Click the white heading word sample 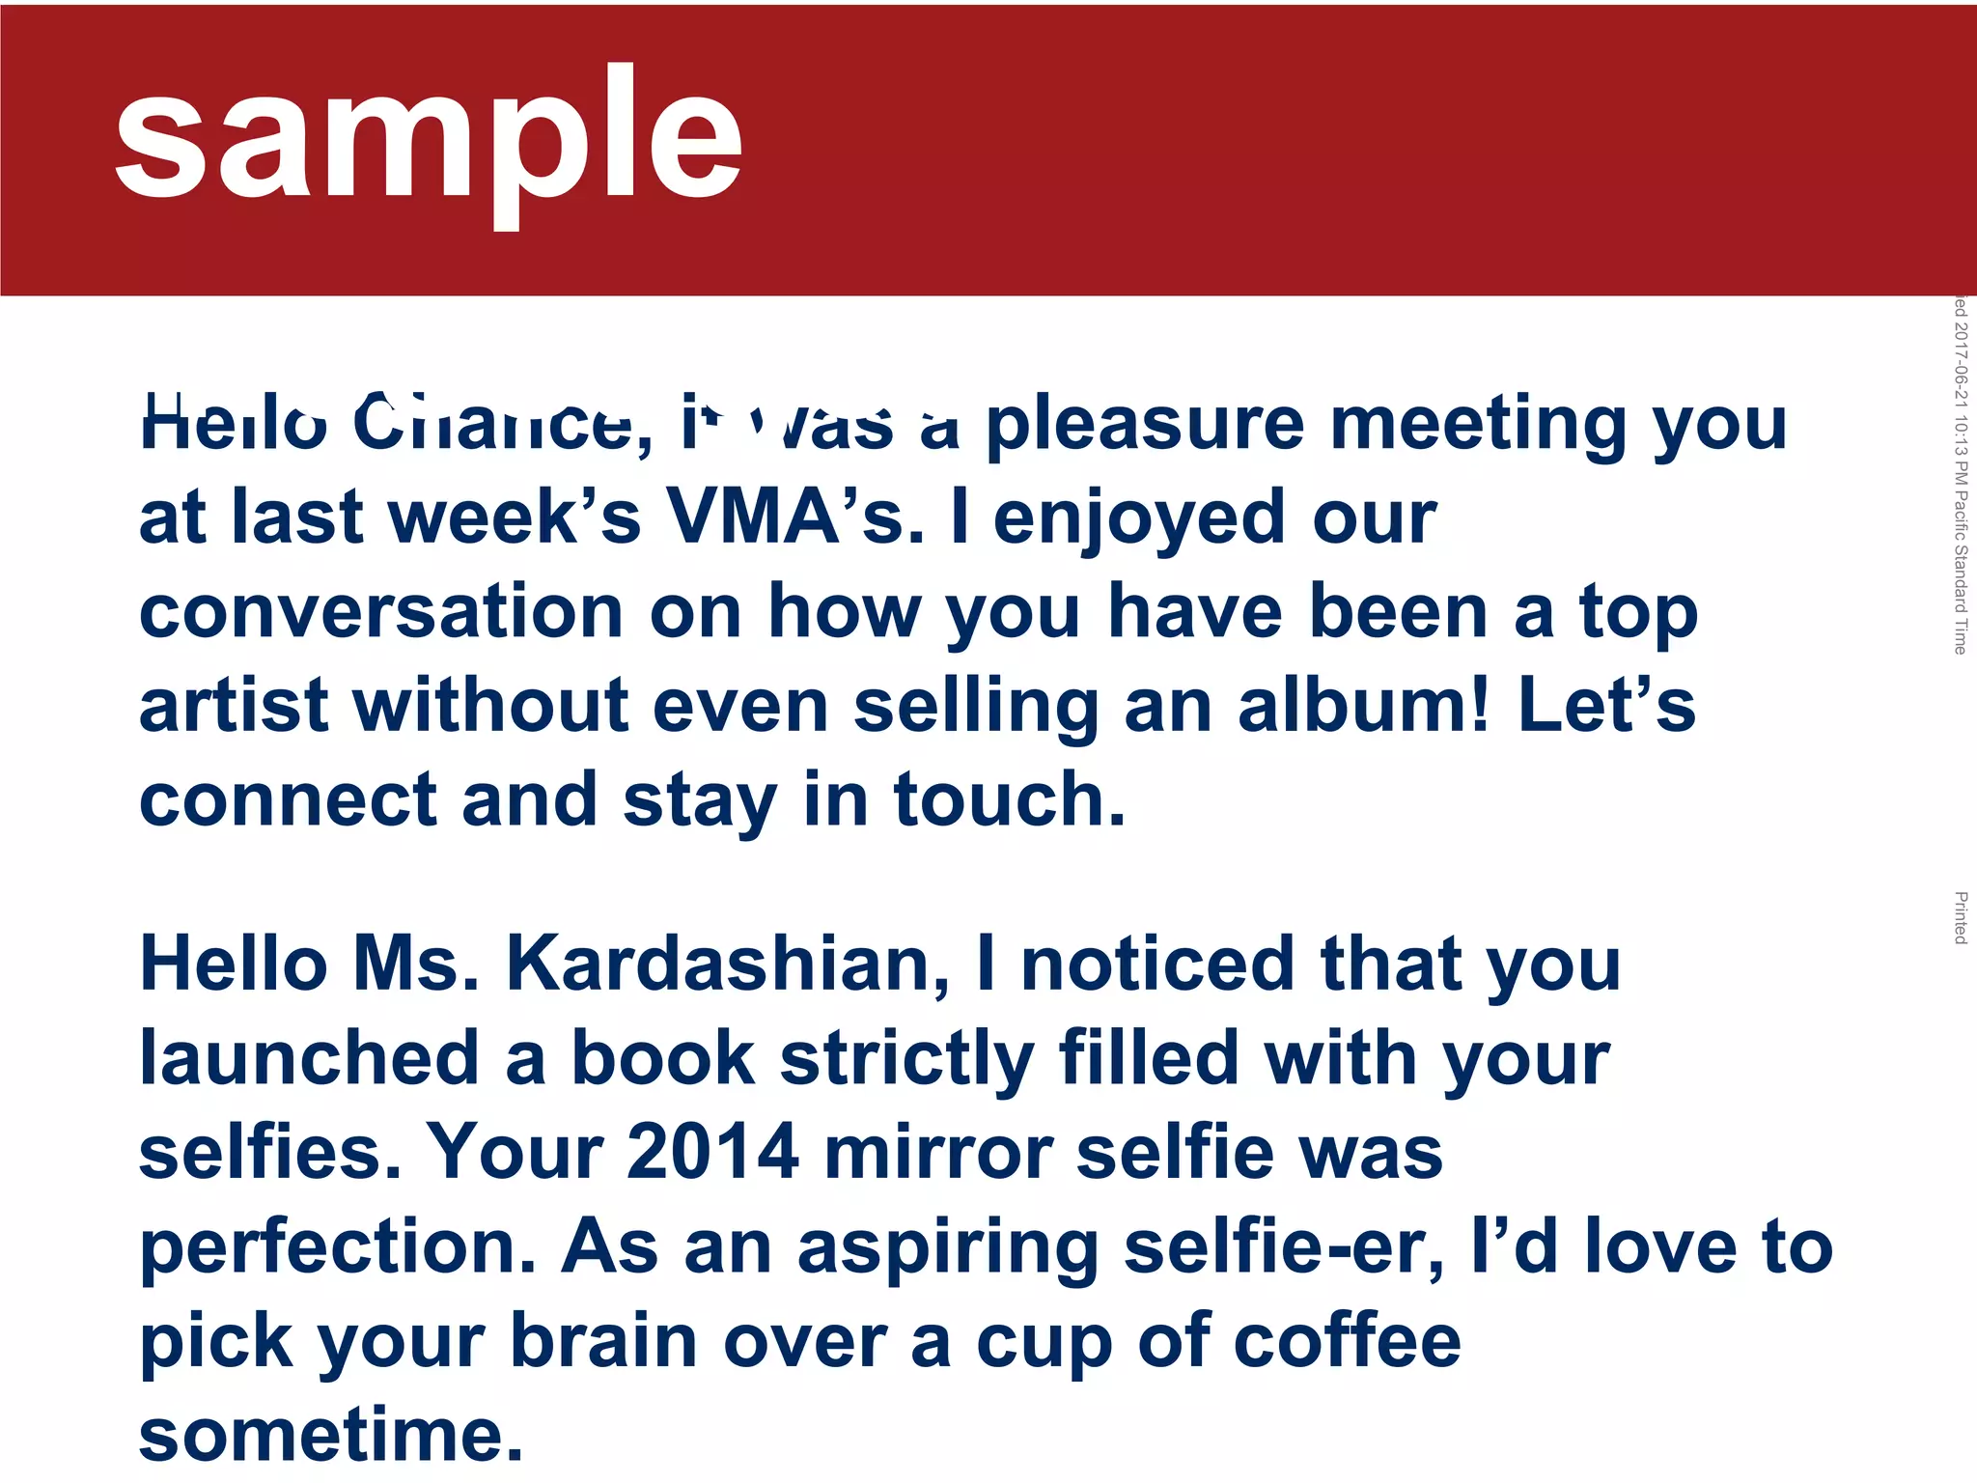(429, 135)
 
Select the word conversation (381, 612)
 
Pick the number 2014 (712, 1152)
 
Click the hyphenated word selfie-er (1284, 1246)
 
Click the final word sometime (331, 1435)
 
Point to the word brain (603, 1341)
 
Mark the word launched (310, 1058)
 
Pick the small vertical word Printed (1961, 917)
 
